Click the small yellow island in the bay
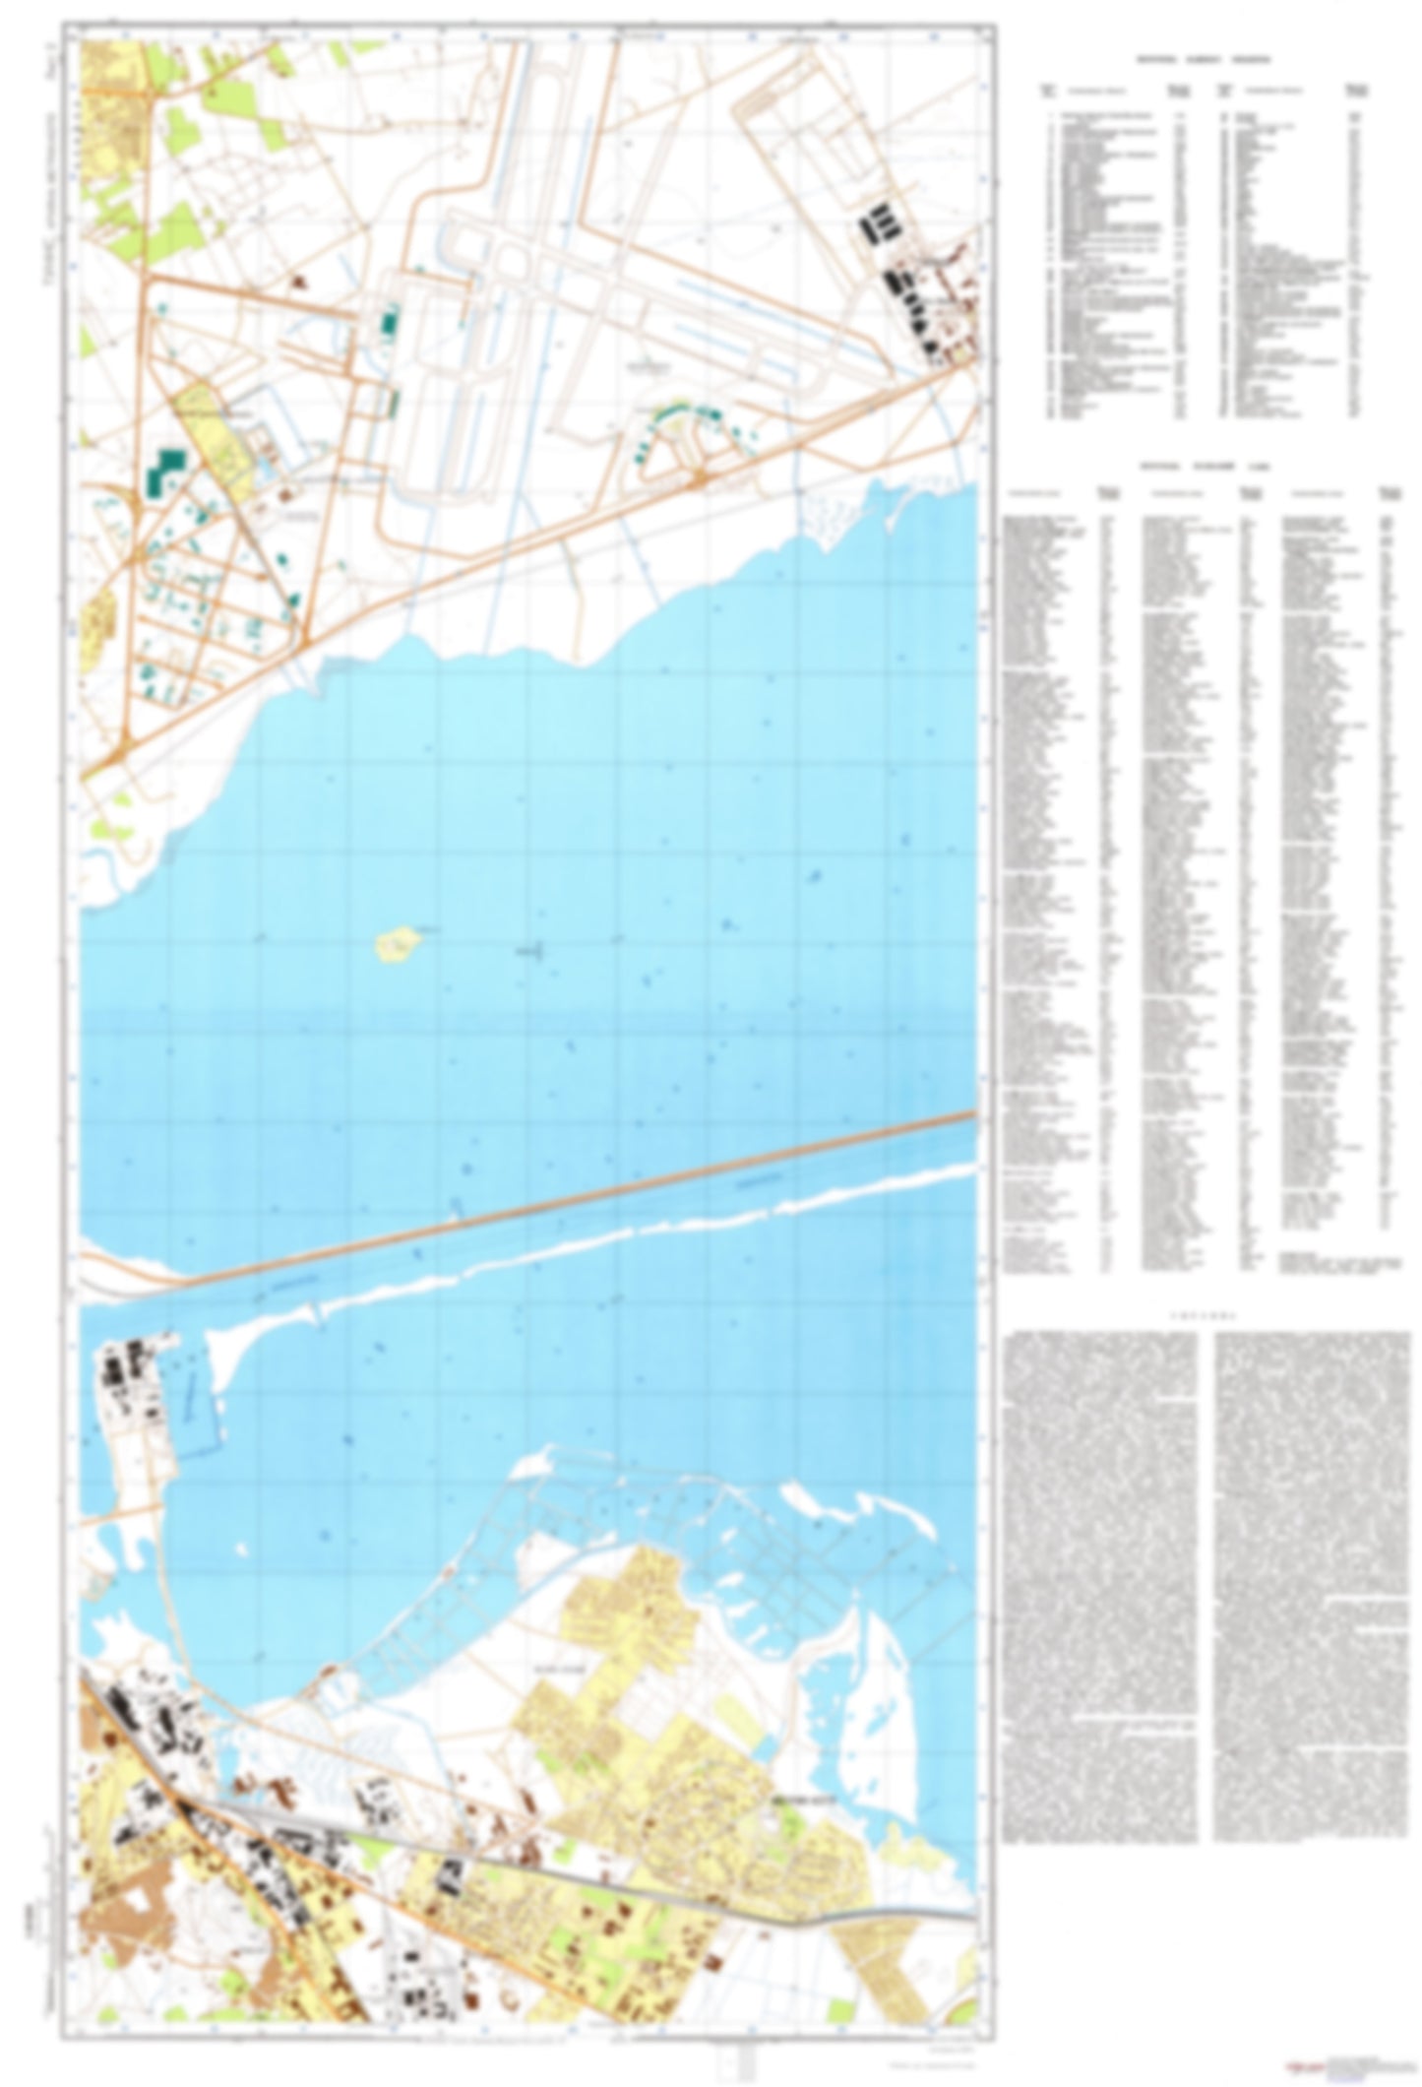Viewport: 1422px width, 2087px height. pyautogui.click(x=397, y=945)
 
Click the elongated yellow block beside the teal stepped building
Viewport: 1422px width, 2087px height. pyautogui.click(x=212, y=433)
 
